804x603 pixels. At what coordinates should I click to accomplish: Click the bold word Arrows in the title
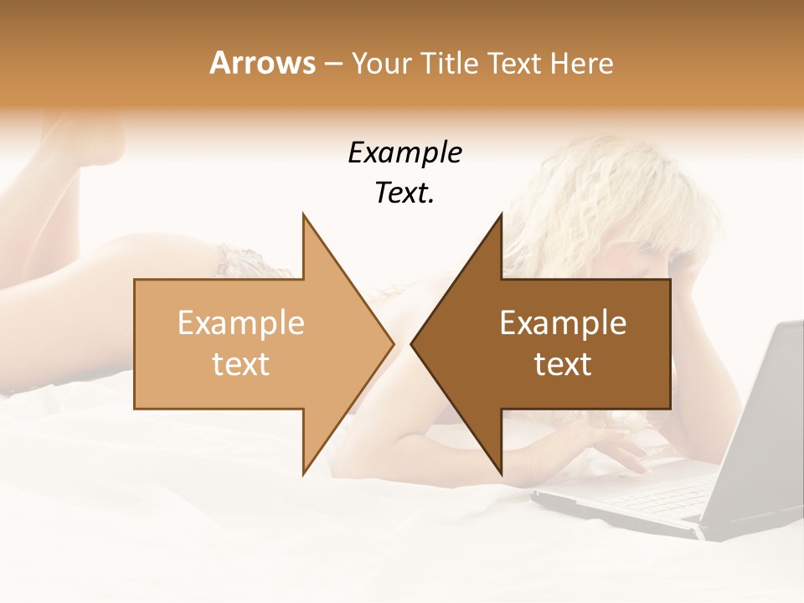click(x=262, y=63)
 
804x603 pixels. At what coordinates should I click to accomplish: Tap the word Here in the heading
click(x=582, y=63)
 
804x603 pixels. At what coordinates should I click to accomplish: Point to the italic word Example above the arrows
click(x=405, y=153)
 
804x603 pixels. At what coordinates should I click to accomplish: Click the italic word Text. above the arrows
click(x=405, y=193)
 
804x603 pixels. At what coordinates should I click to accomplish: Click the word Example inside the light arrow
click(x=240, y=323)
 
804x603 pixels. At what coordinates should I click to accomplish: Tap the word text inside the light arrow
click(x=240, y=364)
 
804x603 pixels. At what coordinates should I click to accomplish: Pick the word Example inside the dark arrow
click(x=563, y=323)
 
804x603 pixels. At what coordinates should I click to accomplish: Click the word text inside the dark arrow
click(x=563, y=364)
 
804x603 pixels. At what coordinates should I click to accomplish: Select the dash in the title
click(x=333, y=64)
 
